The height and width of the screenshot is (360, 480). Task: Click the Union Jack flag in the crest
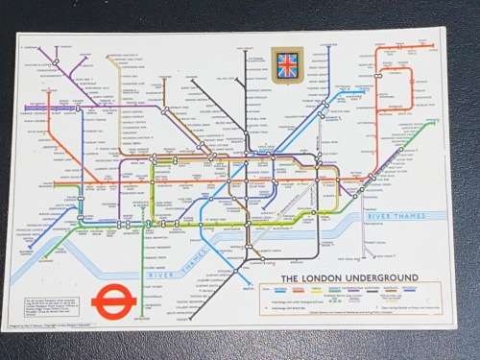tap(286, 64)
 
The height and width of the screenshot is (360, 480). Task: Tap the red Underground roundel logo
tap(113, 304)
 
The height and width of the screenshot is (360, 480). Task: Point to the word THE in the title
tap(288, 278)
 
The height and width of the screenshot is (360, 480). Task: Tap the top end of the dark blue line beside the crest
tap(328, 48)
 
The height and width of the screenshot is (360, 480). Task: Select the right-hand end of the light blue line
tap(366, 93)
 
